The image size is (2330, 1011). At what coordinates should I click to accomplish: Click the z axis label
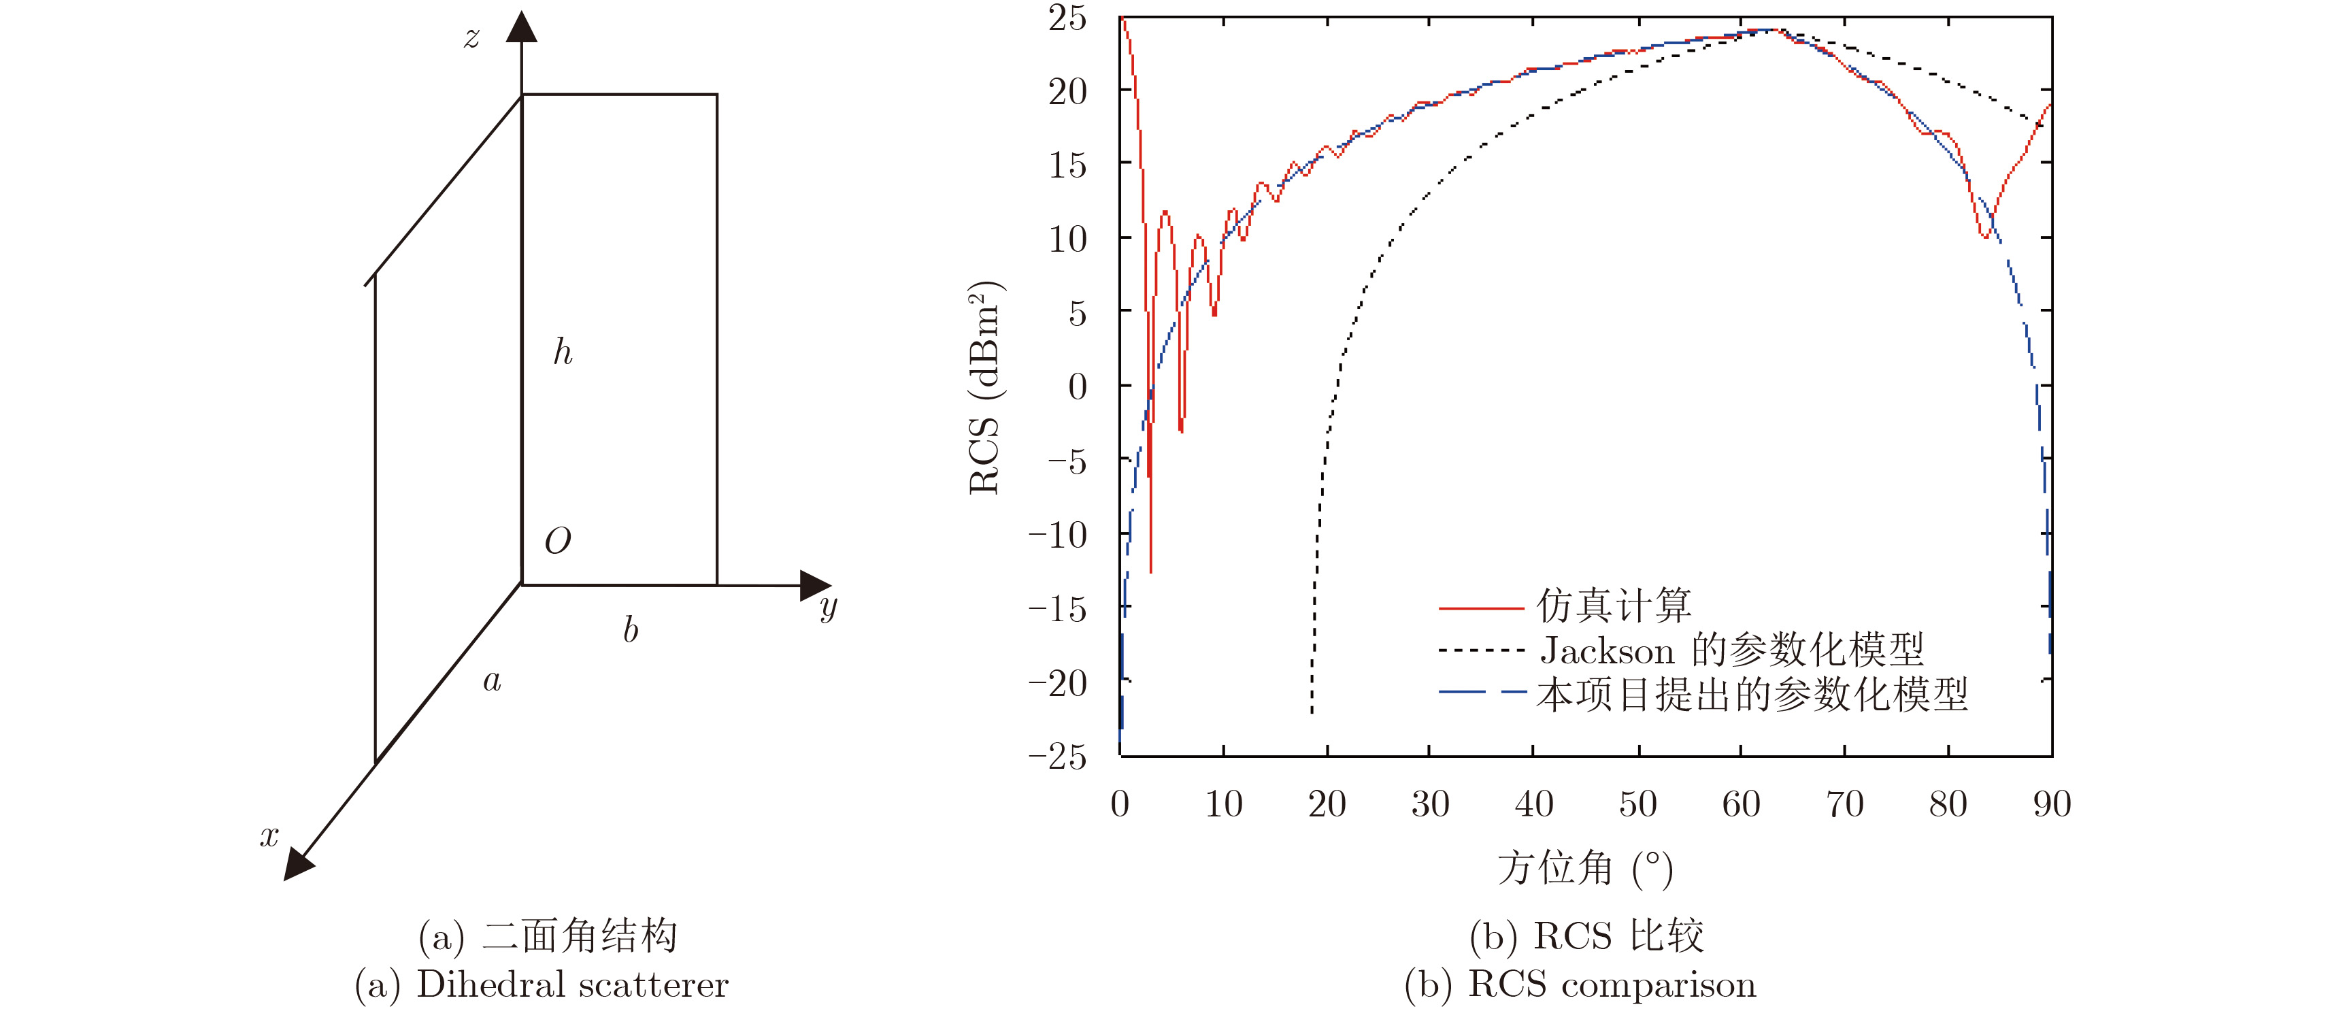click(471, 38)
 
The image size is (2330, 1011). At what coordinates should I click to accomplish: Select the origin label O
click(557, 541)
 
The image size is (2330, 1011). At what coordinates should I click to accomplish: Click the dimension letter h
click(563, 352)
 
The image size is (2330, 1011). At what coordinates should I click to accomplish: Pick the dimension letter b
click(631, 629)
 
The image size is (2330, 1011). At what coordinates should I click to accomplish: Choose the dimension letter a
click(492, 681)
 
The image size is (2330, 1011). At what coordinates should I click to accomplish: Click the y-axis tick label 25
click(1067, 18)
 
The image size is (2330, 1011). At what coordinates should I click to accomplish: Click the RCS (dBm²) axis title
click(985, 387)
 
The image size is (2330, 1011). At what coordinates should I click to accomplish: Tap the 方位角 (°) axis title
click(1584, 868)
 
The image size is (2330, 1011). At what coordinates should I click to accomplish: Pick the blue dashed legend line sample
click(1481, 693)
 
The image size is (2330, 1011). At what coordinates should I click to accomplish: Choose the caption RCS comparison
click(1612, 984)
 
